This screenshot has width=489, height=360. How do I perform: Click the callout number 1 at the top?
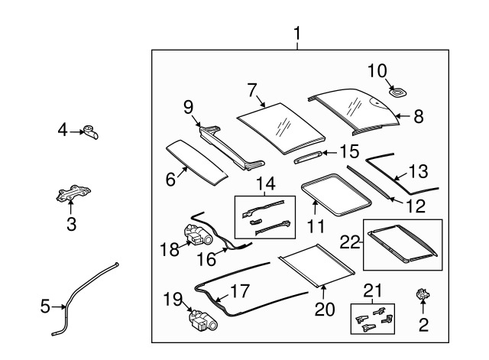[x=297, y=33]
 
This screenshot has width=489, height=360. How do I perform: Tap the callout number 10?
[x=377, y=72]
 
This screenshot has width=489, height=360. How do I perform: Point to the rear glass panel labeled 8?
[x=355, y=109]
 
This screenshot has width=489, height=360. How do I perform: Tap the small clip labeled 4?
[x=92, y=134]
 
